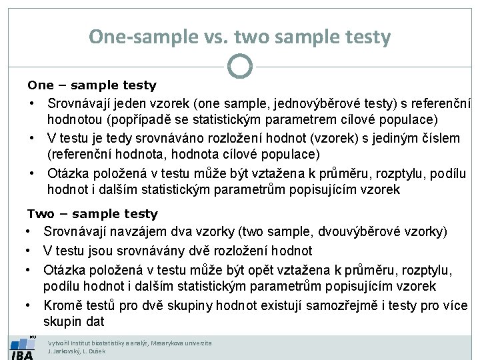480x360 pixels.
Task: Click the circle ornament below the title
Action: [x=239, y=65]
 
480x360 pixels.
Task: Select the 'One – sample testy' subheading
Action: [x=92, y=85]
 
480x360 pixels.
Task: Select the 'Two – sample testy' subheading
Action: [x=93, y=214]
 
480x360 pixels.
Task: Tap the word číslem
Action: [x=436, y=138]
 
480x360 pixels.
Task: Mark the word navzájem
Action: [x=135, y=232]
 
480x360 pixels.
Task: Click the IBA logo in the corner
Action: [x=22, y=347]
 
